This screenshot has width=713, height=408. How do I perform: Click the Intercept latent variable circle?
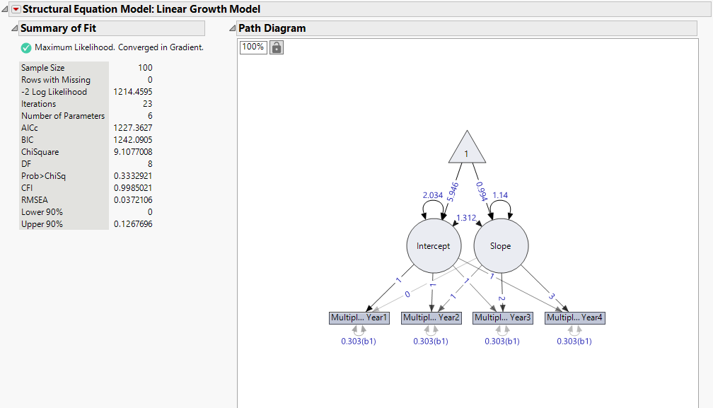[x=434, y=246]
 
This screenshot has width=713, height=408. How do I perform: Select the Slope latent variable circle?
[x=501, y=246]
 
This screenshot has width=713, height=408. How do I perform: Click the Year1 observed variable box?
[x=359, y=317]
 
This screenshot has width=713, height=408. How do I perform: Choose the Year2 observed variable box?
[x=431, y=317]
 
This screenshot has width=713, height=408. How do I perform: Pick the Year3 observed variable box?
[x=502, y=317]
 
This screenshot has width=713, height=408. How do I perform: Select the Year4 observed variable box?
[x=574, y=317]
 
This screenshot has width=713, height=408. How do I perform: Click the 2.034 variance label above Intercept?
[x=433, y=195]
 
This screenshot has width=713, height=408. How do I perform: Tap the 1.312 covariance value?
[x=467, y=218]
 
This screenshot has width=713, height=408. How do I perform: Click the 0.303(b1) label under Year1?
[x=359, y=341]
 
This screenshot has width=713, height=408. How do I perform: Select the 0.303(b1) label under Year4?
[x=574, y=341]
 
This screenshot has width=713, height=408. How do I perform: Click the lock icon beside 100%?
[x=277, y=47]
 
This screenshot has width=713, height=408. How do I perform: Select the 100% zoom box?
[x=253, y=47]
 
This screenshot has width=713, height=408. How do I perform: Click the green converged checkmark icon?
[x=26, y=47]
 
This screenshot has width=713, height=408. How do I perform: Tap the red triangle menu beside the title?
[x=16, y=9]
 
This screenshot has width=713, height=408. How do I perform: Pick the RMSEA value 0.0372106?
[x=132, y=200]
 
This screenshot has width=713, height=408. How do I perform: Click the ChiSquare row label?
[x=40, y=152]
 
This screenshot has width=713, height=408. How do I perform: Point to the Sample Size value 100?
[x=145, y=68]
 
